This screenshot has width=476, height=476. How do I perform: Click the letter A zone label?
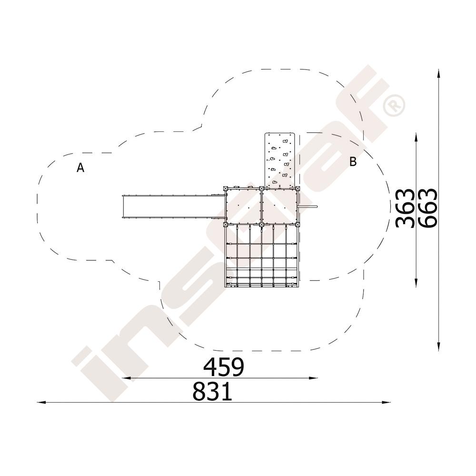[80, 168]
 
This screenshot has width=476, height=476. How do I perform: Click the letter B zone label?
[353, 161]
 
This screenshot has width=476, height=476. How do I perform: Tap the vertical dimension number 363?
[406, 208]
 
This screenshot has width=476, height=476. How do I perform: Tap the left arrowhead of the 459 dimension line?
[126, 378]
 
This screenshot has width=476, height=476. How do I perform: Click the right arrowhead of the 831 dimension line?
[386, 402]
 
